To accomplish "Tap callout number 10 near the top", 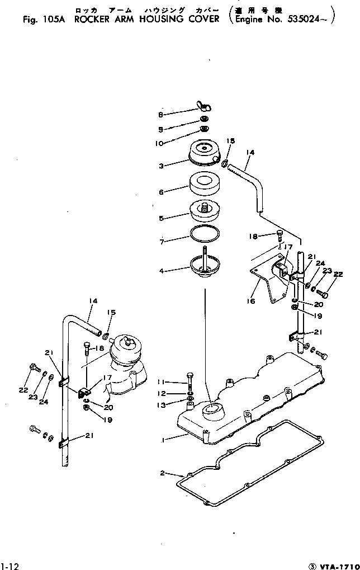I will click(x=160, y=143).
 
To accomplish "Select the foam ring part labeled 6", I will click(x=204, y=183).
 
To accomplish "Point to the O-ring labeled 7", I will click(x=205, y=234).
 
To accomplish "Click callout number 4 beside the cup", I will click(x=162, y=271).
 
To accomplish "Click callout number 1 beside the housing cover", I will click(x=163, y=440).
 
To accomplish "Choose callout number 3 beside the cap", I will click(x=161, y=166).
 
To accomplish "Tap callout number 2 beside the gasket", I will click(x=162, y=473).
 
